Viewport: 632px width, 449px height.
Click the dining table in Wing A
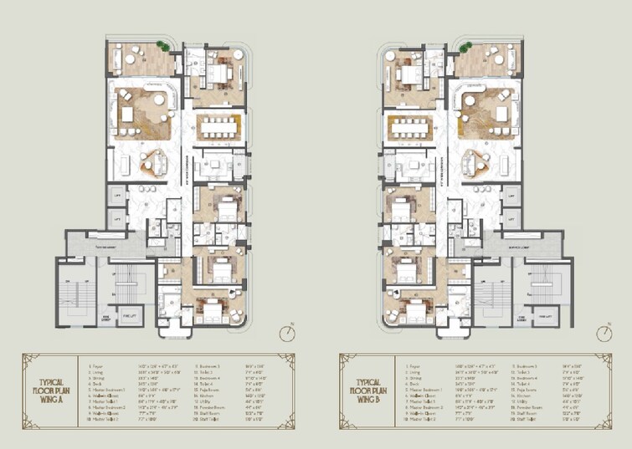pos(220,128)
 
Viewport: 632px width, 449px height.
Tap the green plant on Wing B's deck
pos(466,46)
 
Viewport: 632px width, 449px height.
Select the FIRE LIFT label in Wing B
pos(546,316)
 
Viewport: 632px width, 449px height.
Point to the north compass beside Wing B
pos(604,333)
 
